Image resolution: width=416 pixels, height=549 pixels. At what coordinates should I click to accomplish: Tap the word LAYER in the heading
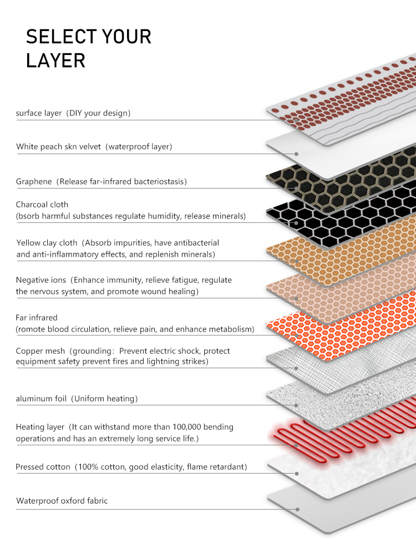click(x=55, y=60)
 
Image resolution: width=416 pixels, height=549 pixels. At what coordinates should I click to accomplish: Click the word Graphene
click(x=34, y=182)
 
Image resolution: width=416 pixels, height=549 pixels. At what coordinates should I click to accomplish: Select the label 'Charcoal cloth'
click(x=42, y=205)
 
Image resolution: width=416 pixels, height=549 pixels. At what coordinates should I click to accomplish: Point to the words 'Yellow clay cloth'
click(x=47, y=243)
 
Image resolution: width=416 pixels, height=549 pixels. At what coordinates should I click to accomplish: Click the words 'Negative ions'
click(x=41, y=279)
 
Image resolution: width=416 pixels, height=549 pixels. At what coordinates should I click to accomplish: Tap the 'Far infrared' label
click(x=37, y=318)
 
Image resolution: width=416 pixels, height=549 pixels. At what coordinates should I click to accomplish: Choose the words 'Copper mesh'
click(x=40, y=351)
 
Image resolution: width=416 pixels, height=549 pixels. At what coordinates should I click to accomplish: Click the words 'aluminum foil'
click(x=41, y=399)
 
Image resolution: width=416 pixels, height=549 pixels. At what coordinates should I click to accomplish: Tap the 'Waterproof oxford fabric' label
click(x=62, y=501)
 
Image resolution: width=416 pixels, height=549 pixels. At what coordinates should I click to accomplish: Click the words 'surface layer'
click(x=39, y=113)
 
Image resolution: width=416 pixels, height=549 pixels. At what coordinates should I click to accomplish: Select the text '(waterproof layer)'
click(x=139, y=146)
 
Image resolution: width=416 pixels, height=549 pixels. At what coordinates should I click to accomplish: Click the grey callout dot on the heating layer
click(x=296, y=445)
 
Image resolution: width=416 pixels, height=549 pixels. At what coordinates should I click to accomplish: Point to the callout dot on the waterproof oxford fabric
click(x=297, y=510)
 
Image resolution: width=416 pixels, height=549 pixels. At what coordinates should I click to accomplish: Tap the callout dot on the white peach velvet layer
click(x=296, y=154)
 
